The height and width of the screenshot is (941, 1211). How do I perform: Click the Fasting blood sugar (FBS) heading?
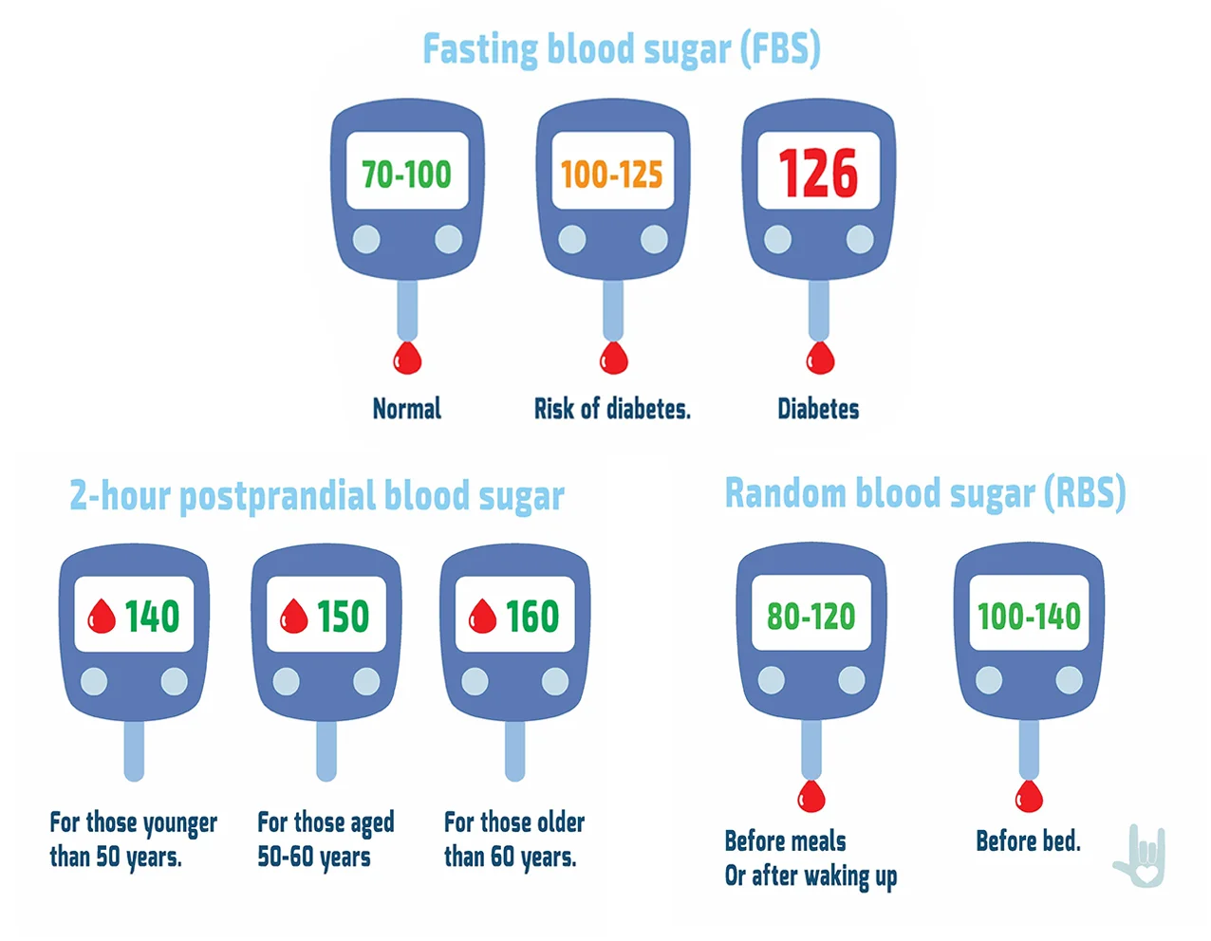[x=621, y=49]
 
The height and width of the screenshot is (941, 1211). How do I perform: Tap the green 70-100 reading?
[x=407, y=175]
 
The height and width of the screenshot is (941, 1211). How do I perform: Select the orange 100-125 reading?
[x=612, y=175]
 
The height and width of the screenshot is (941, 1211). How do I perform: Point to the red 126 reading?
[x=818, y=174]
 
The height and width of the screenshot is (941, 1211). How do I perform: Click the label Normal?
[x=407, y=409]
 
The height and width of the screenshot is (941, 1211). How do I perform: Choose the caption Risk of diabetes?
[x=612, y=409]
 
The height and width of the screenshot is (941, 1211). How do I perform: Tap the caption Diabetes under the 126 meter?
[x=818, y=409]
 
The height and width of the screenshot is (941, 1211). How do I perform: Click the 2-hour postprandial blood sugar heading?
[x=317, y=496]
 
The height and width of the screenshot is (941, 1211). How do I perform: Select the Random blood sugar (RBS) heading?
[x=925, y=493]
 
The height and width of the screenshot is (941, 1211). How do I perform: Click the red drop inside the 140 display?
[x=102, y=617]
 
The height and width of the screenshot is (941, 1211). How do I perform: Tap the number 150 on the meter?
[x=343, y=617]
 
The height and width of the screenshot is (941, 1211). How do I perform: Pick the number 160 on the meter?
[x=532, y=617]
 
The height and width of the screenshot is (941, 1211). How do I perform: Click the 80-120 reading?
[x=811, y=617]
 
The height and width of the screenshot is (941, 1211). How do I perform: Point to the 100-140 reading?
[x=1030, y=617]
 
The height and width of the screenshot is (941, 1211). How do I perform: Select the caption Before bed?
[x=1029, y=840]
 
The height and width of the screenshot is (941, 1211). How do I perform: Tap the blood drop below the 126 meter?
[x=820, y=359]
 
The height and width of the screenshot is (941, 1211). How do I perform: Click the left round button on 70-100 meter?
[x=366, y=239]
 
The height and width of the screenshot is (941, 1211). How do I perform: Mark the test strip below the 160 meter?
[x=515, y=750]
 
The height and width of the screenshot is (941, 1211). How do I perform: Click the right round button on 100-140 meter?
[x=1070, y=680]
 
